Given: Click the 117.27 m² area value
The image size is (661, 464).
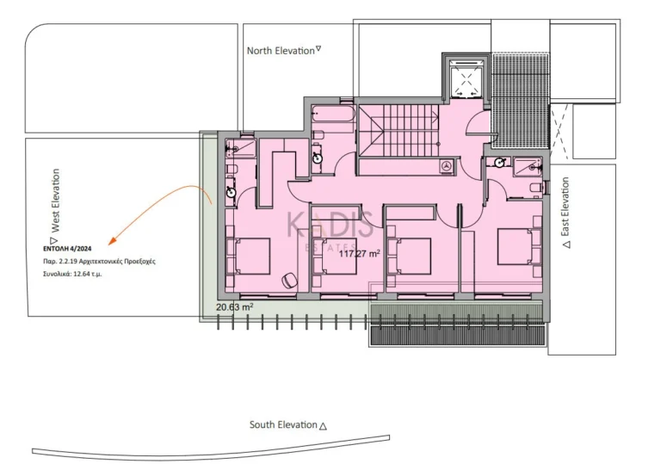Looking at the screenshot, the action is click(359, 253).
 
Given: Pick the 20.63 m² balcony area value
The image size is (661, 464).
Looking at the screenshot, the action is click(234, 307).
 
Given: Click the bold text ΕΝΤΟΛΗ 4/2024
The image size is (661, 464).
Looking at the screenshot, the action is click(67, 249).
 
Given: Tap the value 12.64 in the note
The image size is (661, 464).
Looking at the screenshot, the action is click(82, 274).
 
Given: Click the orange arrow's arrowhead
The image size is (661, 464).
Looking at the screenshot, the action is click(112, 241).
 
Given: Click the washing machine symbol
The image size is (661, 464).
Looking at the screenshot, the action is click(446, 165).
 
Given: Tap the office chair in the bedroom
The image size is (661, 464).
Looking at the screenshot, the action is click(289, 280).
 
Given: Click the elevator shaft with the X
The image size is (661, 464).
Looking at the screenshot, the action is click(466, 78).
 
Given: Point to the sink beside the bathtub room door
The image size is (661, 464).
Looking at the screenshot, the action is click(317, 158).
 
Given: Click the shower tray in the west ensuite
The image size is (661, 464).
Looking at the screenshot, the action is click(240, 148).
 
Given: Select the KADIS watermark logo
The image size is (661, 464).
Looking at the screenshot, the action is click(330, 228).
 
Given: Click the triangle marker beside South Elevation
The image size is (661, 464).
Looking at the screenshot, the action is click(323, 426).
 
